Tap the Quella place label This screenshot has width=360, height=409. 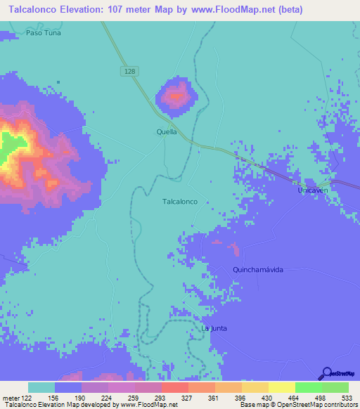coord(167,131)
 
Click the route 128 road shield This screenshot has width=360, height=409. coord(127,72)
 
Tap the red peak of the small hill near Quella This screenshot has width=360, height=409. coord(176,94)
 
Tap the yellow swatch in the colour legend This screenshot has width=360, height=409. coord(281,387)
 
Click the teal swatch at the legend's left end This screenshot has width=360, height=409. coord(41,387)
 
